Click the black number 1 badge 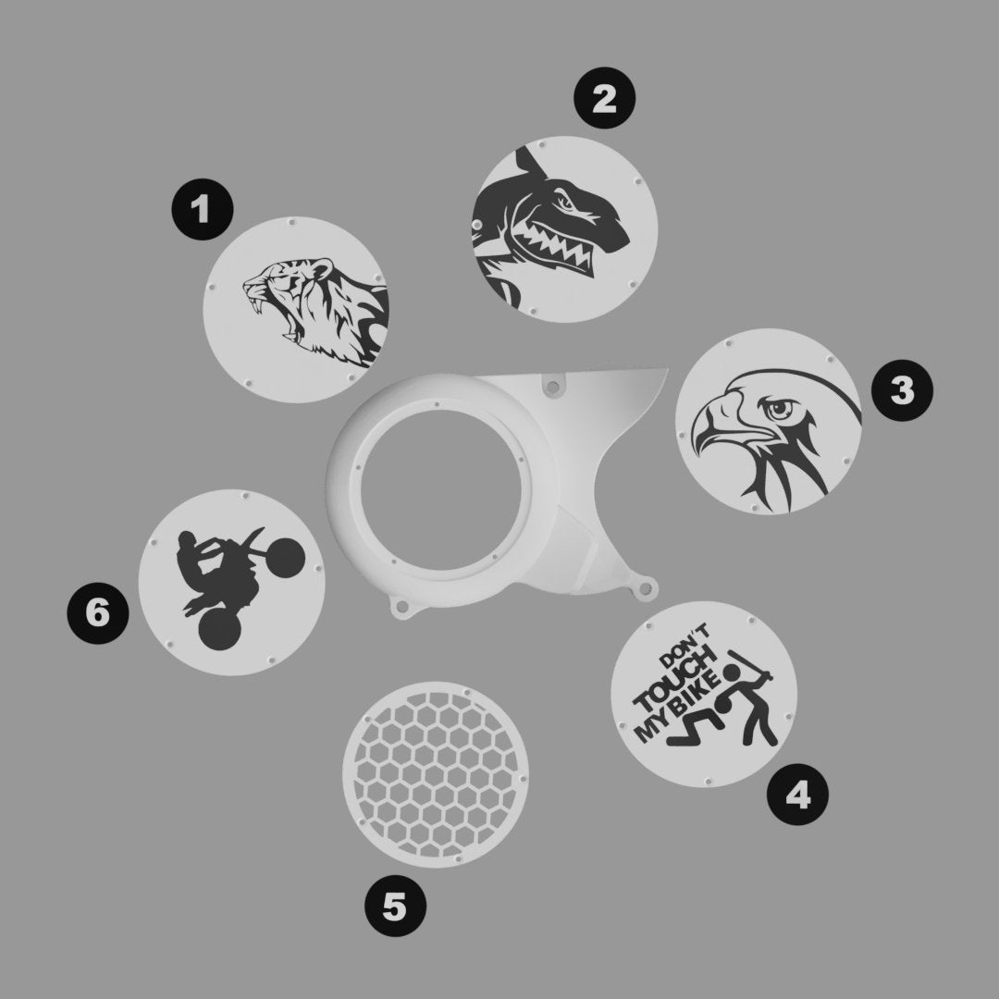pyautogui.click(x=203, y=209)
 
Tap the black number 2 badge pyautogui.click(x=605, y=98)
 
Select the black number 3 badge pyautogui.click(x=902, y=390)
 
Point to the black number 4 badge pyautogui.click(x=797, y=795)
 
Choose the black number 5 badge pyautogui.click(x=396, y=906)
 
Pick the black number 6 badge pyautogui.click(x=98, y=613)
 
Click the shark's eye pyautogui.click(x=564, y=203)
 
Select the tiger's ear pyautogui.click(x=323, y=266)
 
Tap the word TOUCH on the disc pyautogui.click(x=676, y=681)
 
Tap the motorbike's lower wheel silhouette pyautogui.click(x=220, y=630)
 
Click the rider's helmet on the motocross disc pyautogui.click(x=187, y=541)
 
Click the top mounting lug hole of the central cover pyautogui.click(x=553, y=386)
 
